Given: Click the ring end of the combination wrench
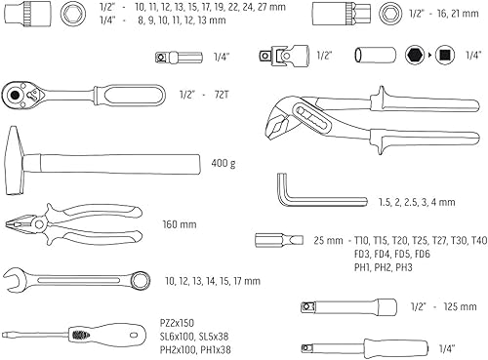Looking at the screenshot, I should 137,278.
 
